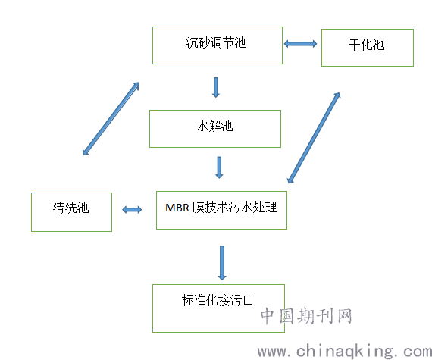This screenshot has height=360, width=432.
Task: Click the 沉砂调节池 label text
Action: click(216, 43)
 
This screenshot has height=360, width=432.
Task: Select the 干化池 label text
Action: click(366, 45)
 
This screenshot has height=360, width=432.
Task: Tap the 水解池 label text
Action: click(214, 126)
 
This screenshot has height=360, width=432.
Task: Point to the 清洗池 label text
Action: click(70, 208)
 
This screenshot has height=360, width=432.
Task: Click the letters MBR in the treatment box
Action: click(177, 208)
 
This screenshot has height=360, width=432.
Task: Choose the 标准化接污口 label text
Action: click(217, 300)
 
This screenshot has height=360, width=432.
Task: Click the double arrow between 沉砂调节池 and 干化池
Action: click(300, 44)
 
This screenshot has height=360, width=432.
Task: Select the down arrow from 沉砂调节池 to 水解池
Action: click(216, 87)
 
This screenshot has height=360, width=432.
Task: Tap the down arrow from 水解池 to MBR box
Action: click(219, 167)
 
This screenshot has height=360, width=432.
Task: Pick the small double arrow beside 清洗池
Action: click(132, 210)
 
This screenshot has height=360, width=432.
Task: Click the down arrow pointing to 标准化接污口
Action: click(222, 263)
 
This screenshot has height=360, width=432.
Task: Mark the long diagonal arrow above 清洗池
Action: click(111, 119)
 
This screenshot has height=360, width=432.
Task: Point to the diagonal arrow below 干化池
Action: click(314, 138)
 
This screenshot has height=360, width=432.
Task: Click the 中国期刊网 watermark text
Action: click(306, 316)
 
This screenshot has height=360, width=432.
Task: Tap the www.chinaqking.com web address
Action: click(345, 351)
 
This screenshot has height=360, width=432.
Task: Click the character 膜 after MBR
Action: click(198, 208)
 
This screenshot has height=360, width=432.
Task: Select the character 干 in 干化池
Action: click(354, 45)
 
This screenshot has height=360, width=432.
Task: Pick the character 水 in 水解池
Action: click(203, 126)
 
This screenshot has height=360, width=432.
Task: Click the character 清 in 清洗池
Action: click(58, 208)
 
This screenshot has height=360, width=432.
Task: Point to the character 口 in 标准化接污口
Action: click(248, 300)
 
